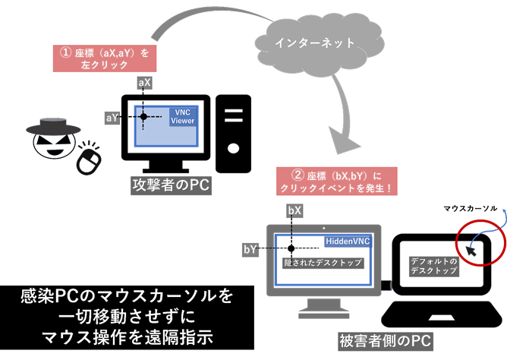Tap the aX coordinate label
(x=143, y=81)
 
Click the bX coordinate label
(x=294, y=209)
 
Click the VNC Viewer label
(x=182, y=116)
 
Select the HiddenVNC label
(x=347, y=241)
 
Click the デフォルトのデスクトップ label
(x=433, y=265)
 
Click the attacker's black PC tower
(x=234, y=134)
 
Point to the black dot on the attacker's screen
(x=143, y=116)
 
